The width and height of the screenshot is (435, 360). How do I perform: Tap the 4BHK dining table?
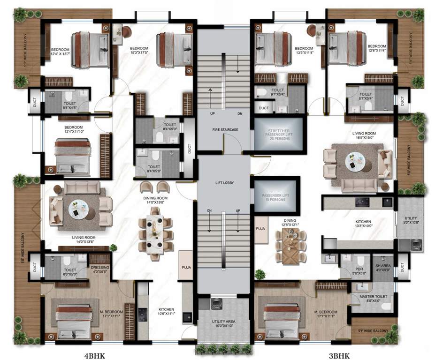click(154, 233)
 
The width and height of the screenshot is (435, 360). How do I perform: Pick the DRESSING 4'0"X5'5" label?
click(99, 269)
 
